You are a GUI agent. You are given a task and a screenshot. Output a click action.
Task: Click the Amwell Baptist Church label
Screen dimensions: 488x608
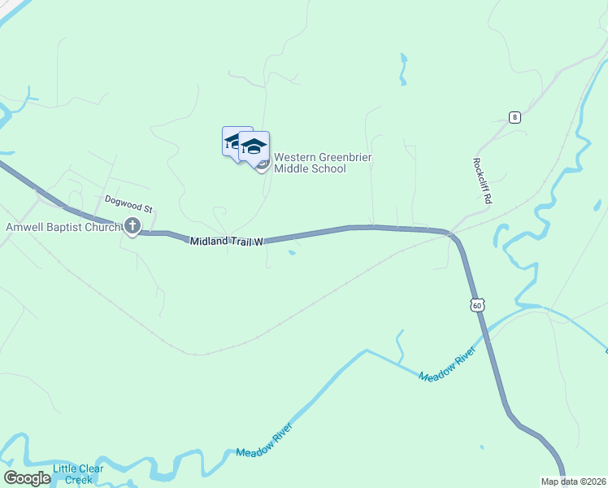pos(63,227)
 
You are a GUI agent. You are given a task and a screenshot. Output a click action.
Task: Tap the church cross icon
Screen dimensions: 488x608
pos(132,227)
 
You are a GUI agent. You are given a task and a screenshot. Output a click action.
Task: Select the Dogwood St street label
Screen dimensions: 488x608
pos(128,199)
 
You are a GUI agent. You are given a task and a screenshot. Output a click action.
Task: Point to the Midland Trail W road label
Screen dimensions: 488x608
pos(229,242)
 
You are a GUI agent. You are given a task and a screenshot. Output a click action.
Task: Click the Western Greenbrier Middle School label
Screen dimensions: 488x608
pos(322,163)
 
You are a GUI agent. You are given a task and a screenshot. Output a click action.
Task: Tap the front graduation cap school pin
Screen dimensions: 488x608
pos(254,147)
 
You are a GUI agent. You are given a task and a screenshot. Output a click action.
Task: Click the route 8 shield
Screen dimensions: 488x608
pos(515,117)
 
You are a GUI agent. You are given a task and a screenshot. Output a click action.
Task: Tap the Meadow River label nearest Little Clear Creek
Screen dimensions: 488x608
pos(263,440)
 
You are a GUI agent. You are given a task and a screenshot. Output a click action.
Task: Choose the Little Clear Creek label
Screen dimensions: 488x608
pos(78,474)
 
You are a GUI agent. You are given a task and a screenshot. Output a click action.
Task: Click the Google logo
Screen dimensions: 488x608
pos(26,478)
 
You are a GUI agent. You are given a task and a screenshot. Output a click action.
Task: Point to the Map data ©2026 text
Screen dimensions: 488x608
pos(572,481)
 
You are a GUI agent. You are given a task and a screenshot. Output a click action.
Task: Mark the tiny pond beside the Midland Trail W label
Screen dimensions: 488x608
pos(292,252)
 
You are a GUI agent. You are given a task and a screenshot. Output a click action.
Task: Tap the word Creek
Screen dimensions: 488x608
pos(79,480)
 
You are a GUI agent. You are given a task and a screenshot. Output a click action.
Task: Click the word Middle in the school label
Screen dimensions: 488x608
pos(290,169)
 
